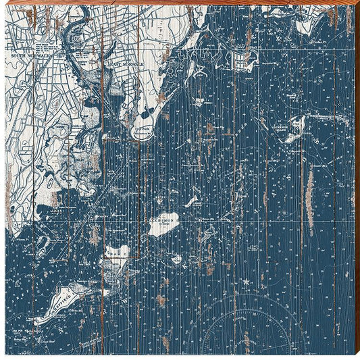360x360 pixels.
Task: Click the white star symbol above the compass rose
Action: tap(245, 280)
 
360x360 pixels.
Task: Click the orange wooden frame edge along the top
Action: tap(180, 2)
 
